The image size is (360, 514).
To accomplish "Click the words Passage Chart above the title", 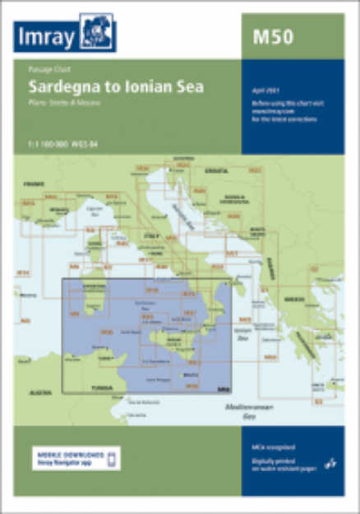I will pyautogui.click(x=45, y=72).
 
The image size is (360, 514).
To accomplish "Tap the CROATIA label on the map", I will pyautogui.click(x=217, y=169).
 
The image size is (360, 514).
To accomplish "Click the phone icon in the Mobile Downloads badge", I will pyautogui.click(x=114, y=458).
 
